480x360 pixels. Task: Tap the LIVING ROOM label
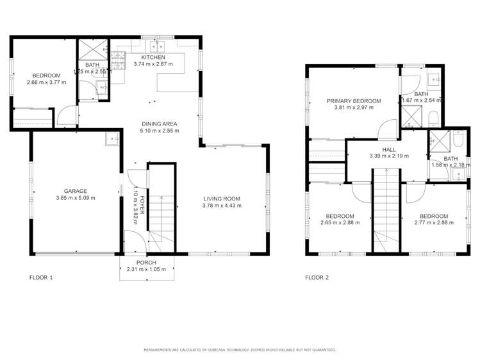222,198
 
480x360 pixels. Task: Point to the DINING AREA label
160,124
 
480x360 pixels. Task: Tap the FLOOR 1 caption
41,278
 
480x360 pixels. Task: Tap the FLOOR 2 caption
317,278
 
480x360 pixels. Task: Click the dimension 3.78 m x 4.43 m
222,205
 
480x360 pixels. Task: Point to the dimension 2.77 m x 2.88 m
433,223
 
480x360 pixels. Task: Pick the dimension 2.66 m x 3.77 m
46,82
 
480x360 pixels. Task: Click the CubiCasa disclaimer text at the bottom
240,350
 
